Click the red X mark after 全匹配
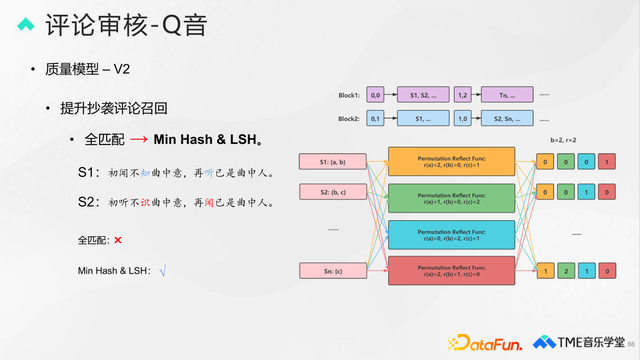118,241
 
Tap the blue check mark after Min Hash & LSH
161,271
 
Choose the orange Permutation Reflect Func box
451,161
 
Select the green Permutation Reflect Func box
451,197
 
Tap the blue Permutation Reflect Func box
451,235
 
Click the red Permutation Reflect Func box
451,270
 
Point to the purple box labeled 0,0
376,94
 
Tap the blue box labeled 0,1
376,118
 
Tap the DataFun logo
486,342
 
